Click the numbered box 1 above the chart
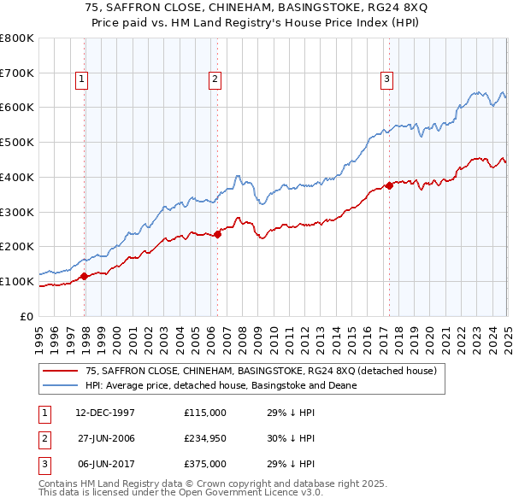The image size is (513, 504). (x=81, y=79)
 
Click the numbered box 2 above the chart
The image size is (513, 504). (x=214, y=79)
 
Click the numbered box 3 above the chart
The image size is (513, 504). (x=386, y=79)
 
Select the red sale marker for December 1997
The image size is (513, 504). (x=85, y=276)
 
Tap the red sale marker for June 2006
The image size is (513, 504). (x=217, y=234)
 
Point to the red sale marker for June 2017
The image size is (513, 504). (x=389, y=185)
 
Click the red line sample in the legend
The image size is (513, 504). (x=61, y=371)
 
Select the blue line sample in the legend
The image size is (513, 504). (x=61, y=385)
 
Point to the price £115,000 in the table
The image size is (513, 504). (x=205, y=413)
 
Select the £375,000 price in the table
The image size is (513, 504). (x=205, y=464)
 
